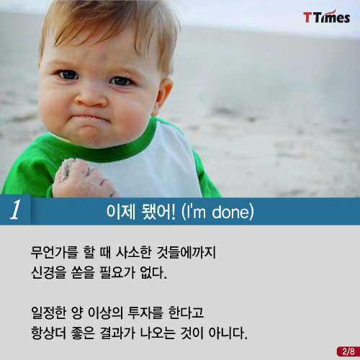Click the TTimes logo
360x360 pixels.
tap(327, 17)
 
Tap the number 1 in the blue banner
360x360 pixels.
tap(16, 210)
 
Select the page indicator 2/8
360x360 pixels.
tap(348, 351)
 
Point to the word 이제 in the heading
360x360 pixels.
tap(121, 212)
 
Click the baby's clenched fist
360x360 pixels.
tap(84, 179)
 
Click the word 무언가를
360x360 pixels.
tap(55, 252)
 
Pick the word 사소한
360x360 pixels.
tap(134, 252)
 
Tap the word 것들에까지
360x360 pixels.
tap(186, 252)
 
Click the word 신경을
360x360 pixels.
tap(48, 272)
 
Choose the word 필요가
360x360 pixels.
tap(117, 272)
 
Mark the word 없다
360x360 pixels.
tap(153, 272)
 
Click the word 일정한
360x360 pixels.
tap(48, 312)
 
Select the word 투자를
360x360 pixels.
tap(145, 312)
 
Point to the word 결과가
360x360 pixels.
tap(117, 333)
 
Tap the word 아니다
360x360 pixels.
tap(228, 333)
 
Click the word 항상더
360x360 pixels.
tap(48, 333)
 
